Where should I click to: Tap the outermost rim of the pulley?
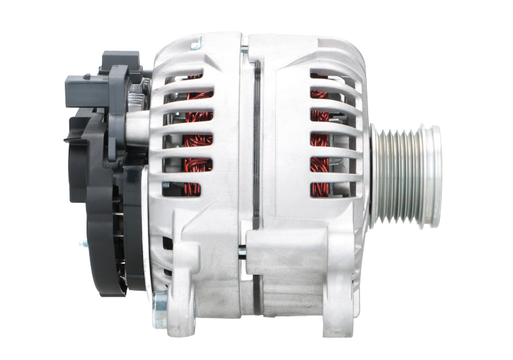pyautogui.click(x=437, y=174)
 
